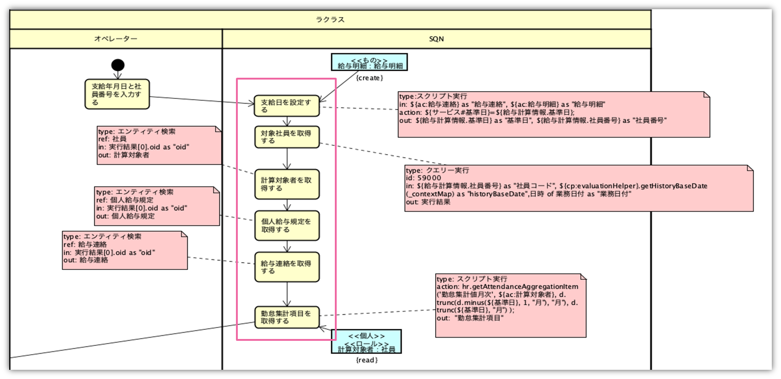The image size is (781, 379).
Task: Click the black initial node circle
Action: tap(118, 65)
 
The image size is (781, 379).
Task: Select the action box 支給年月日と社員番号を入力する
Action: tap(117, 94)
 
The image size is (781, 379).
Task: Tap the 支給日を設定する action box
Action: tap(287, 106)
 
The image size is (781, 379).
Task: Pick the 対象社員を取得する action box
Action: tap(287, 137)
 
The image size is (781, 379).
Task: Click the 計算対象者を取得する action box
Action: tap(287, 184)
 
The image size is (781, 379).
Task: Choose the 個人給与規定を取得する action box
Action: tap(287, 225)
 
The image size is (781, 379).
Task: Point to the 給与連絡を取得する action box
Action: tap(287, 267)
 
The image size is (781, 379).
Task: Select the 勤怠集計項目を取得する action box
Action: tap(287, 317)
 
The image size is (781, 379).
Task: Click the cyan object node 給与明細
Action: tap(369, 63)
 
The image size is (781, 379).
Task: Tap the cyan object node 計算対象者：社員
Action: tap(366, 342)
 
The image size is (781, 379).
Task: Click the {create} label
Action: tap(369, 78)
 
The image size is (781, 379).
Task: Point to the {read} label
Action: tap(367, 360)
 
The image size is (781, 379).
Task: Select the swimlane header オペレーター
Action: tap(115, 39)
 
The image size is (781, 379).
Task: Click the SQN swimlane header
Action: tap(436, 39)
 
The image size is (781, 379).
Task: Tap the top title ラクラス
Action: tap(330, 20)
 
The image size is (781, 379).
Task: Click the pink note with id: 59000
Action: tap(578, 189)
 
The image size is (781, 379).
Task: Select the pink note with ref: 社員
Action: tap(159, 145)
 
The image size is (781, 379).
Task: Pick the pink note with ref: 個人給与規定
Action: tap(156, 206)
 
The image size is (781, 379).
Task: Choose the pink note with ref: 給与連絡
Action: tap(125, 250)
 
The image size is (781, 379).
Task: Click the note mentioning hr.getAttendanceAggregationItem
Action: tap(510, 306)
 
